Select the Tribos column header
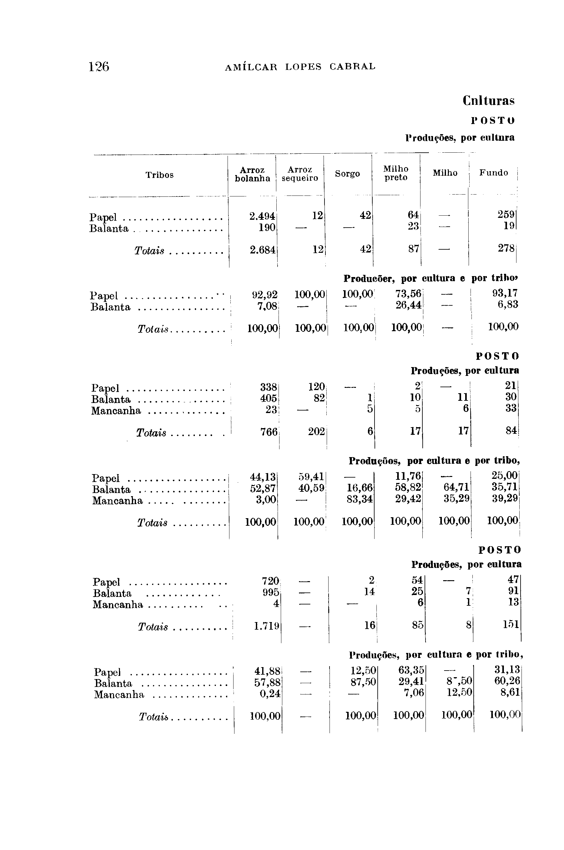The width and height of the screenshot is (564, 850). (159, 175)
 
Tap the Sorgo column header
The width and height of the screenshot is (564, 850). (347, 174)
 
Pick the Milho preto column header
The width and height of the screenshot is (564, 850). (396, 173)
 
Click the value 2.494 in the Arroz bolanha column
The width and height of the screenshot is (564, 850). (262, 216)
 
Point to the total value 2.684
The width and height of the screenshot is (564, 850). (262, 250)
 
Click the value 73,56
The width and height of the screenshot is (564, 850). (408, 294)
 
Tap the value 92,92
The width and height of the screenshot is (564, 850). (265, 295)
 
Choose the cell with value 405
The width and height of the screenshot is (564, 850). (268, 399)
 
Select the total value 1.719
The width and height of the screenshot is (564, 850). (267, 626)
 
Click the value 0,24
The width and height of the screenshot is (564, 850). (270, 693)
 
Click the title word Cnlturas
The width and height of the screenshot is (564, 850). (488, 101)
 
